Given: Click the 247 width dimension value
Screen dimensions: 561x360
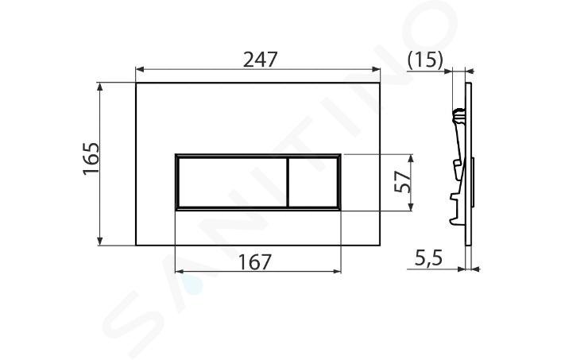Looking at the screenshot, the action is [x=260, y=60].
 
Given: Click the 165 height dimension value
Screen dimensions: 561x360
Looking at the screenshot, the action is [x=91, y=158].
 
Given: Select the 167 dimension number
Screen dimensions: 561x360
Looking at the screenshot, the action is [x=255, y=262].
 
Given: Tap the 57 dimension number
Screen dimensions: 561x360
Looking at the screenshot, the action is [x=402, y=182].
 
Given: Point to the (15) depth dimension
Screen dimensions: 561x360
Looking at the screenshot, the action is [x=425, y=60].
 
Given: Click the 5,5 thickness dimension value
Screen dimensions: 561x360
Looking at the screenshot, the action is [x=428, y=257].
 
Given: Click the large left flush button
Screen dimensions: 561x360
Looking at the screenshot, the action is [x=232, y=183].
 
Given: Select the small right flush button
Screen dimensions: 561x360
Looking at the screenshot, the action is [x=313, y=183].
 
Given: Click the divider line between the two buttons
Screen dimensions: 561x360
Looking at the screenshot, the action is [x=288, y=183].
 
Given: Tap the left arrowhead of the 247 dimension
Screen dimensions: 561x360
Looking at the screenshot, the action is [x=140, y=69].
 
